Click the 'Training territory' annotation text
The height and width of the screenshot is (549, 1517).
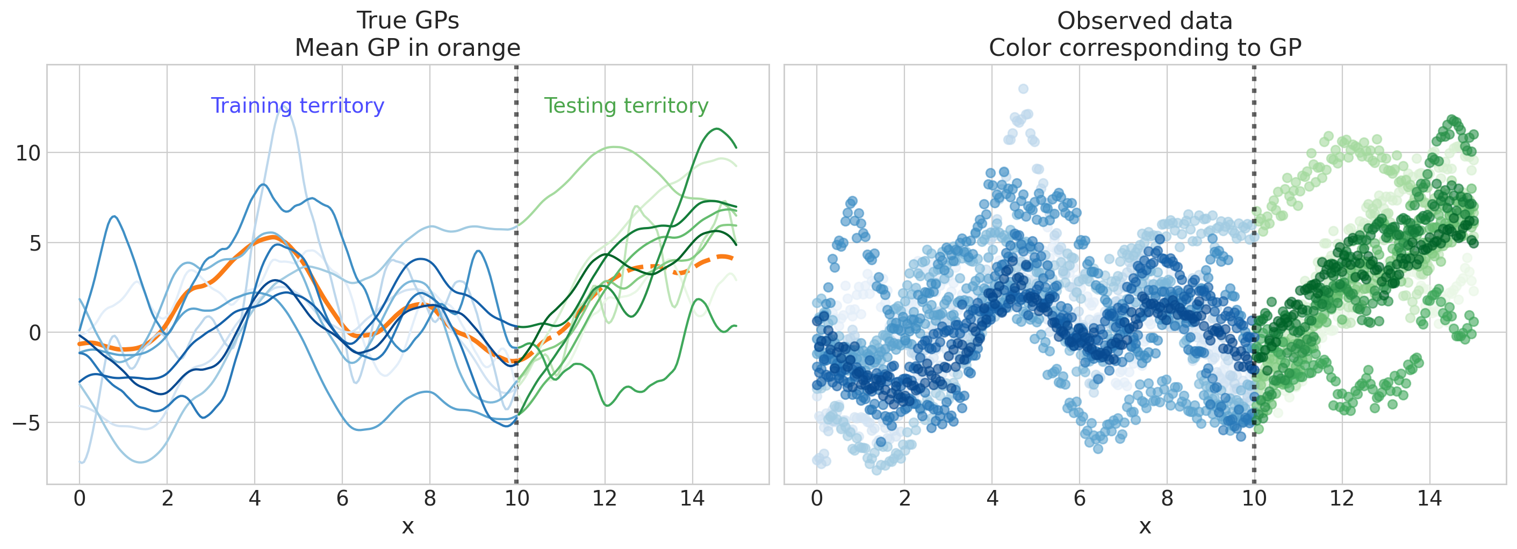tap(297, 106)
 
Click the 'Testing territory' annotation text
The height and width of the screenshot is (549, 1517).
tap(626, 106)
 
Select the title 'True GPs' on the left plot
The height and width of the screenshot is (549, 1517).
tap(407, 20)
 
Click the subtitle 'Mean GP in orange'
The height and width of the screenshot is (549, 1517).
tap(407, 48)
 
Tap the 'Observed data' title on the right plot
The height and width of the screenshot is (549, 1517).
tap(1144, 21)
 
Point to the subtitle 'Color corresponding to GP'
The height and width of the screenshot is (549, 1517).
tap(1144, 48)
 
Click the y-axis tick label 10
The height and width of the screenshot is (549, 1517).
tap(28, 153)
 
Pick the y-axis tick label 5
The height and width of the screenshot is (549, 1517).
tap(35, 243)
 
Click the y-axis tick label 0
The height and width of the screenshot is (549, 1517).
tap(35, 333)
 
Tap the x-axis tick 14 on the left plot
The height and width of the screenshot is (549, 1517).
tap(692, 499)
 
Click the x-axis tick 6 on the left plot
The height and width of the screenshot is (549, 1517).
tap(342, 499)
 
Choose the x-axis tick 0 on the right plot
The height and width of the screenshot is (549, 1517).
tap(816, 499)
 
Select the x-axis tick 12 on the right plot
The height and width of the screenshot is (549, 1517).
tap(1341, 499)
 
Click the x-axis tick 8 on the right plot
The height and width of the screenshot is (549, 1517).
tap(1167, 499)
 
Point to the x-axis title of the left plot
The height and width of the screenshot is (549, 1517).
tap(407, 526)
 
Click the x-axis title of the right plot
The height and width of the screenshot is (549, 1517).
tap(1144, 526)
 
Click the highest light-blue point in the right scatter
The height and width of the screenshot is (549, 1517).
tap(1024, 89)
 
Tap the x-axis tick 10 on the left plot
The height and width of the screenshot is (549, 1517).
tap(516, 499)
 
